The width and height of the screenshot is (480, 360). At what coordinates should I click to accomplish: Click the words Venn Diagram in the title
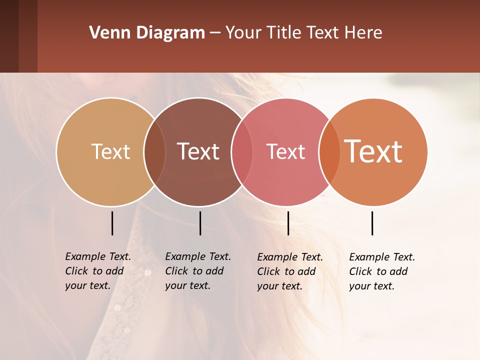click(147, 33)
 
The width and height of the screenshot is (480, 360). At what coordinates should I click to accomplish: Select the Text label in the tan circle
click(110, 151)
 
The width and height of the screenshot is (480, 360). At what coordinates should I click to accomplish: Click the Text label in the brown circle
click(198, 151)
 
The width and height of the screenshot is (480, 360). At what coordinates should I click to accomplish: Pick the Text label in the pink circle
click(285, 151)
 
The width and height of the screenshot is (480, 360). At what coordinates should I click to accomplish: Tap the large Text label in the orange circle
click(373, 151)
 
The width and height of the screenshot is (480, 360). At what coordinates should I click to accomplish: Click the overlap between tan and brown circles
click(154, 152)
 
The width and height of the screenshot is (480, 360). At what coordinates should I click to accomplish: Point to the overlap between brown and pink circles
click(242, 152)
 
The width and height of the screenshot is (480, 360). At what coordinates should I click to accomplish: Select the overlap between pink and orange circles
click(329, 152)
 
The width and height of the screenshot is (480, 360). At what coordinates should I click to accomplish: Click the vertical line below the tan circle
click(112, 223)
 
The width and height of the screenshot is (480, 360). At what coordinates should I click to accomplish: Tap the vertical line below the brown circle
click(200, 223)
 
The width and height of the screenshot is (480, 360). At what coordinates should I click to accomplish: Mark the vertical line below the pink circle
click(288, 223)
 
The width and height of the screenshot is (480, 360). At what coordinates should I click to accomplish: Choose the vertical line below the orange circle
click(372, 223)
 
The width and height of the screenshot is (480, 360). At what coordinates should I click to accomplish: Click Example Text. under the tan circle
click(98, 256)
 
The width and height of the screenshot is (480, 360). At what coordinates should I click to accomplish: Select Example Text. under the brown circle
click(198, 256)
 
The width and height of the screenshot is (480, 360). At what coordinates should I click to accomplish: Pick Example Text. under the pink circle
click(290, 257)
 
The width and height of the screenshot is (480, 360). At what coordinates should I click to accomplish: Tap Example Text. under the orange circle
click(382, 257)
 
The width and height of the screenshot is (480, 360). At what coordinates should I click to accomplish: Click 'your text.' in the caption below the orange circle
click(371, 286)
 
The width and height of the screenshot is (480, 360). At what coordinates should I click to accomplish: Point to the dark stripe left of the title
click(18, 36)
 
